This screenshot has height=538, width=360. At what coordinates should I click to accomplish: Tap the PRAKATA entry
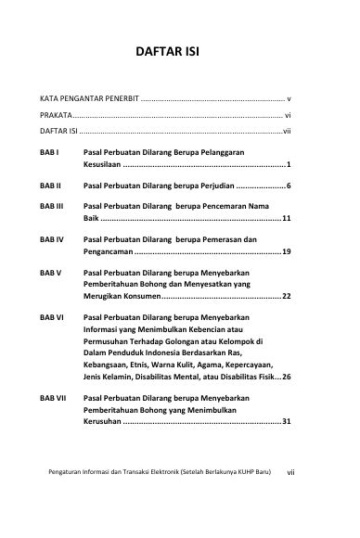tap(54, 115)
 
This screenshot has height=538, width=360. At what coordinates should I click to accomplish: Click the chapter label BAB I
tap(49, 149)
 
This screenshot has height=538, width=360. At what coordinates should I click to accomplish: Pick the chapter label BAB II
tap(50, 186)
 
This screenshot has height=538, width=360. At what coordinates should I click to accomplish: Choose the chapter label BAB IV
tap(51, 239)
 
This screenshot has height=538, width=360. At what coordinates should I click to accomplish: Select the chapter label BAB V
tap(50, 274)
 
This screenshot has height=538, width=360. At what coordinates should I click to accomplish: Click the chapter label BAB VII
tap(53, 397)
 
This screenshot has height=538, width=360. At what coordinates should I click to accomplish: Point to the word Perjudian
tap(213, 186)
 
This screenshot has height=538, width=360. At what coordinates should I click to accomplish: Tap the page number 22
tap(288, 296)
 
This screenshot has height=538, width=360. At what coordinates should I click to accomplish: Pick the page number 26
tap(288, 377)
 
